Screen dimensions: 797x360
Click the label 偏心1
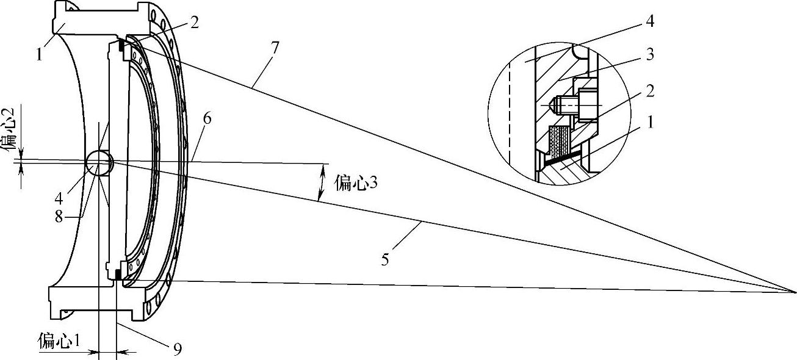tap(60, 340)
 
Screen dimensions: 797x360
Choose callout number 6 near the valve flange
tap(207, 118)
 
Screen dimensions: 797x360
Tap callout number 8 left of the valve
tap(59, 215)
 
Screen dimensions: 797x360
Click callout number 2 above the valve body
tap(194, 23)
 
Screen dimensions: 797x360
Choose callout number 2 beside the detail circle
tap(649, 92)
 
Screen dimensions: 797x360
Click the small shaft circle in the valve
tap(99, 162)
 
